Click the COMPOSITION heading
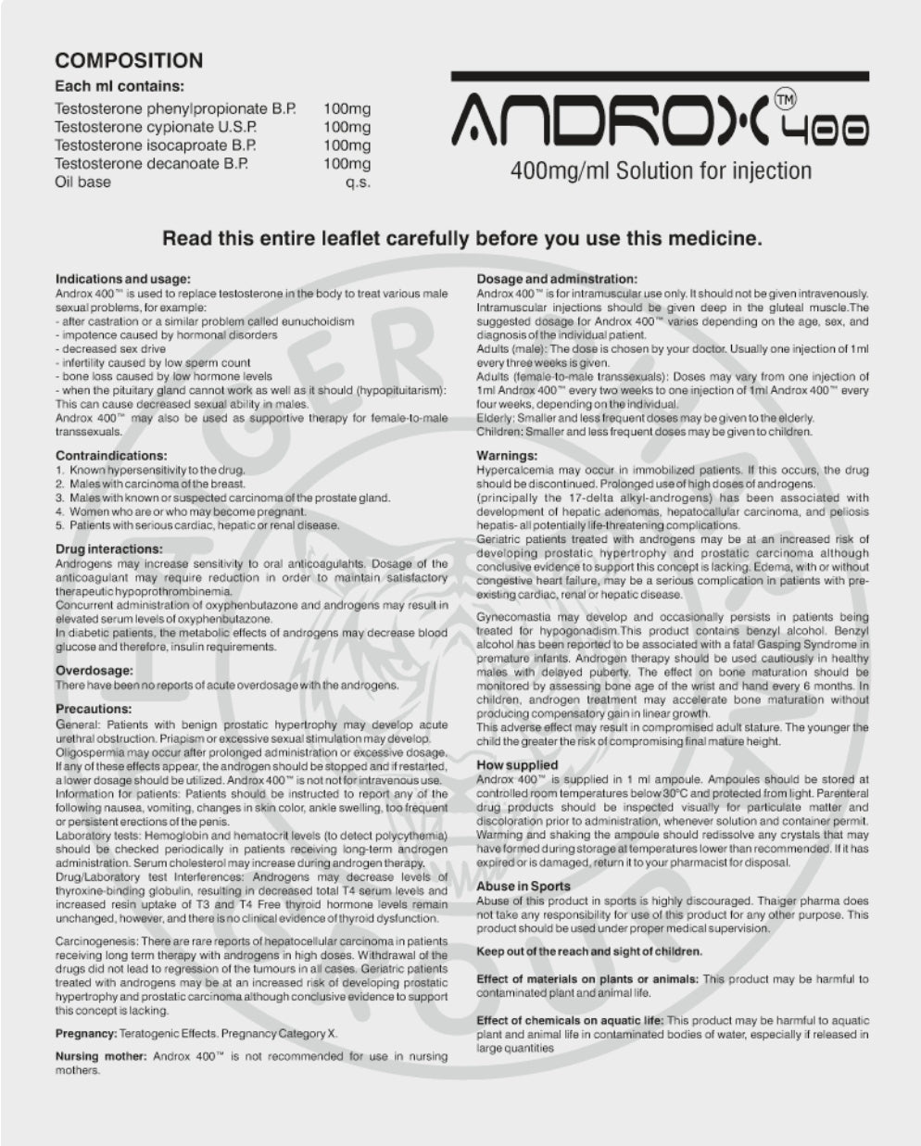[129, 61]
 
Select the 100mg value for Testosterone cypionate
[347, 127]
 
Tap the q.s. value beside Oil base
[358, 183]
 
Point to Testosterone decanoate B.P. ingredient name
[155, 164]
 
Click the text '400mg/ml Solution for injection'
[661, 171]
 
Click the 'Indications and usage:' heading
[123, 279]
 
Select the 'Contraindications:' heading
[111, 456]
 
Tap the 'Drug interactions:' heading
[109, 549]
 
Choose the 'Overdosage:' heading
[94, 670]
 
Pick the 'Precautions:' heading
[94, 709]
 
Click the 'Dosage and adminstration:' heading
[556, 279]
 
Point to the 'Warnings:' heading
[507, 456]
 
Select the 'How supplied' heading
[517, 765]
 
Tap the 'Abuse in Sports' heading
[524, 887]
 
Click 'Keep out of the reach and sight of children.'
[588, 951]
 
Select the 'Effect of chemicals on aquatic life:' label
[570, 1020]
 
